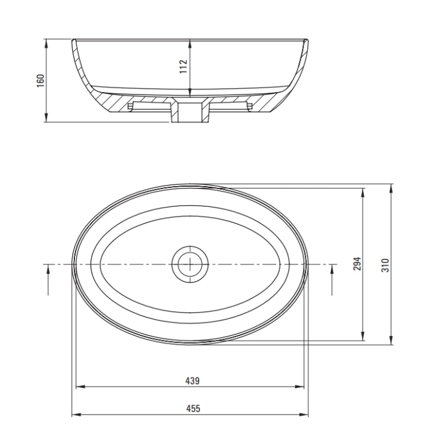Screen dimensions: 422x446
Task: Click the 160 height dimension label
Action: (41, 80)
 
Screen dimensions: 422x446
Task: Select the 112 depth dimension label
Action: (183, 66)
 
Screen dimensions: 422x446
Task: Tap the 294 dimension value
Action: (357, 263)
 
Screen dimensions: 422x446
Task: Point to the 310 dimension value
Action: (385, 265)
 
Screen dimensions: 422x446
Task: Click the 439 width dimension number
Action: (192, 381)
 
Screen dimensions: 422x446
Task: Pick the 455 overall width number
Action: (193, 409)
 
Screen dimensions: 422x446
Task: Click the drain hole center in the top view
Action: (190, 264)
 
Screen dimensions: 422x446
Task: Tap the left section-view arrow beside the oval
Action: (48, 279)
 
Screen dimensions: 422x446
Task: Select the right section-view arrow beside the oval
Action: (332, 279)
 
